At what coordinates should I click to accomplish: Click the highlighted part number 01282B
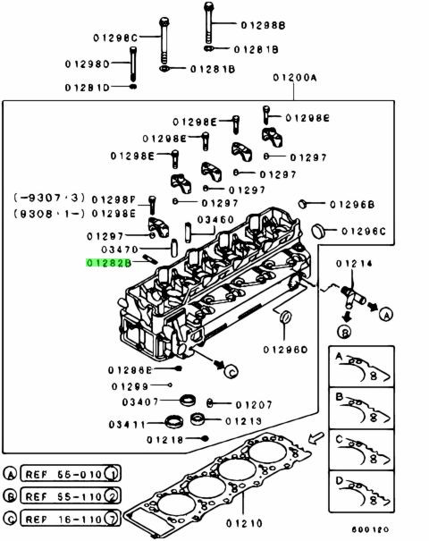pyautogui.click(x=109, y=263)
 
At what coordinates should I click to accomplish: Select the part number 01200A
pyautogui.click(x=295, y=78)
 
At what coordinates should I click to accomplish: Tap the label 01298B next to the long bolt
pyautogui.click(x=263, y=25)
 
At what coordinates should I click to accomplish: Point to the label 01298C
pyautogui.click(x=115, y=38)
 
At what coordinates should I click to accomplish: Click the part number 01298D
pyautogui.click(x=88, y=64)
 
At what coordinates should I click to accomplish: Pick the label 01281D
pyautogui.click(x=88, y=88)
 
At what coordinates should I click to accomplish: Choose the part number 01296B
pyautogui.click(x=352, y=205)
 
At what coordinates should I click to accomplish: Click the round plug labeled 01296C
pyautogui.click(x=318, y=231)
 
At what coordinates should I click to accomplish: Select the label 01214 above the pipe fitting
pyautogui.click(x=354, y=264)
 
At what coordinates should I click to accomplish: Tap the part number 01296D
pyautogui.click(x=285, y=350)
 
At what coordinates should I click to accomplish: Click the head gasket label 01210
pyautogui.click(x=244, y=523)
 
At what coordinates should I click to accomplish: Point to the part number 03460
pyautogui.click(x=215, y=219)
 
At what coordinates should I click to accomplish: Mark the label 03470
pyautogui.click(x=120, y=249)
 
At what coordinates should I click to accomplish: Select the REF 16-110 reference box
pyautogui.click(x=71, y=519)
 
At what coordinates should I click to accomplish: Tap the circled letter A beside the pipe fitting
pyautogui.click(x=386, y=315)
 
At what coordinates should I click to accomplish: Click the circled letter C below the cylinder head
pyautogui.click(x=231, y=371)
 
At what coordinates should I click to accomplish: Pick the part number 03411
pyautogui.click(x=127, y=424)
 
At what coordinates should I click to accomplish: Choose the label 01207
pyautogui.click(x=254, y=404)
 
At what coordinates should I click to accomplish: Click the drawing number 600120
pyautogui.click(x=370, y=529)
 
